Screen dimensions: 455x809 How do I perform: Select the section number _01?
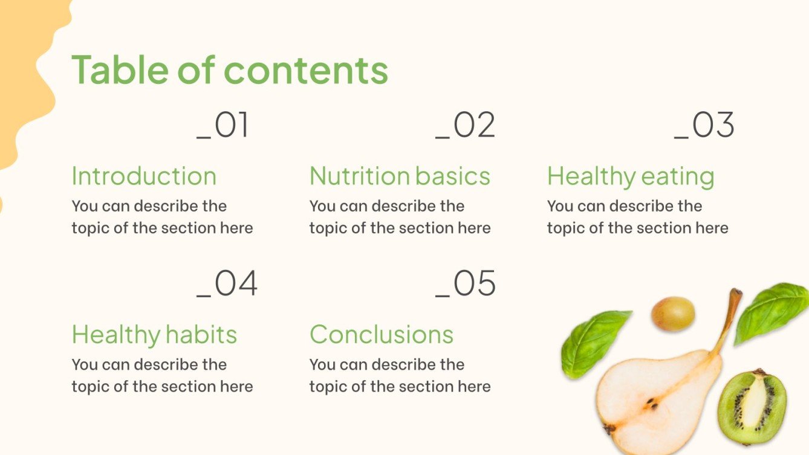pyautogui.click(x=223, y=126)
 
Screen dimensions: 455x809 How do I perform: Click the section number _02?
pyautogui.click(x=466, y=126)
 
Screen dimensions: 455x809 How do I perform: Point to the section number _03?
pyautogui.click(x=704, y=126)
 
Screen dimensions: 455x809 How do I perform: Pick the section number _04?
pyautogui.click(x=227, y=284)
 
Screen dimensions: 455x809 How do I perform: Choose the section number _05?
pyautogui.click(x=466, y=284)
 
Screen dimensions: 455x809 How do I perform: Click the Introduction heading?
pyautogui.click(x=144, y=176)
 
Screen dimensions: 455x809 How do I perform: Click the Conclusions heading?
pyautogui.click(x=382, y=335)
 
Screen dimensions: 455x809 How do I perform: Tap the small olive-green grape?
pyautogui.click(x=673, y=314)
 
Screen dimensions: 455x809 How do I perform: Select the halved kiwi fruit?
pyautogui.click(x=752, y=407)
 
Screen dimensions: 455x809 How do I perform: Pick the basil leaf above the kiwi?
pyautogui.click(x=771, y=311)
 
